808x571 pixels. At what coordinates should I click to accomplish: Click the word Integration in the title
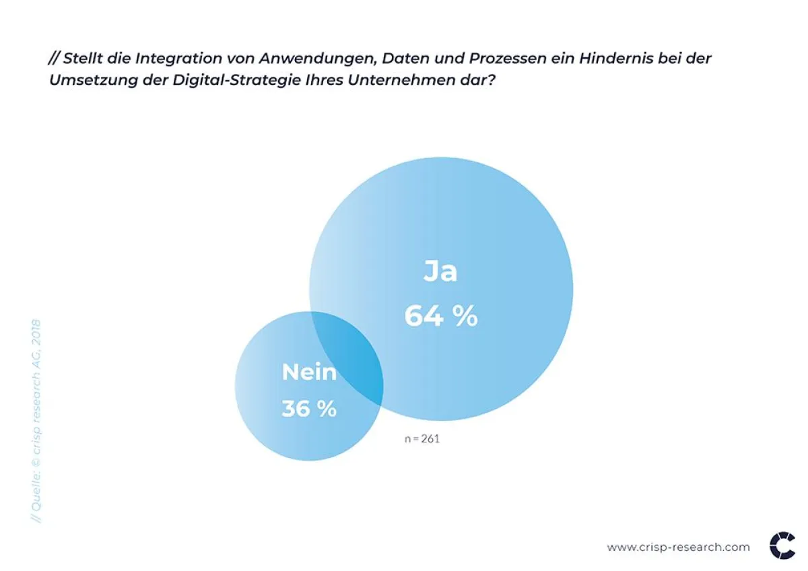pos(178,59)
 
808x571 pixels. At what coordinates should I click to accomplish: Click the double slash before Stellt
pos(54,59)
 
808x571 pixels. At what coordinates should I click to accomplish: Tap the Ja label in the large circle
pos(440,271)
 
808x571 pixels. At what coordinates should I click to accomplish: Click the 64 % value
pos(440,316)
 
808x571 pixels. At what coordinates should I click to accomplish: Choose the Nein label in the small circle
pos(308,372)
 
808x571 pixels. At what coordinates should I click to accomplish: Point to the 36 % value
pos(308,409)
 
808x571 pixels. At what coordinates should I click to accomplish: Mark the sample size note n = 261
pos(422,439)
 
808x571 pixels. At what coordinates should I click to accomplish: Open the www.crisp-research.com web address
pos(678,547)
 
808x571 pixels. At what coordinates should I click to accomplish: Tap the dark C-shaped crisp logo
pos(782,546)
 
